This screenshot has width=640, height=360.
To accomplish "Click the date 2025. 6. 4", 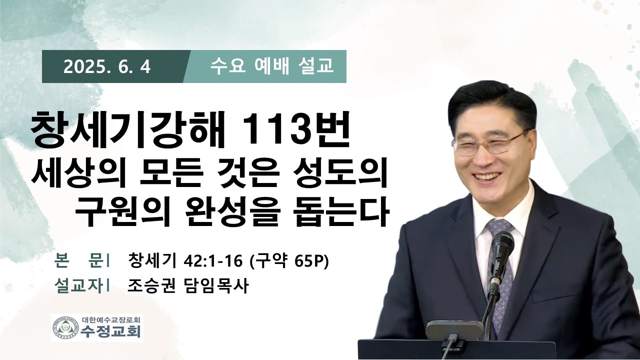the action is click(x=107, y=67).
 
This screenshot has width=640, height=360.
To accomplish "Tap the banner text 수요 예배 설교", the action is click(x=271, y=66).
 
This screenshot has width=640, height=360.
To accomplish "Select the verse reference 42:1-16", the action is click(x=213, y=261).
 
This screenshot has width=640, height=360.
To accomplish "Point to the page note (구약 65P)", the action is click(x=289, y=261).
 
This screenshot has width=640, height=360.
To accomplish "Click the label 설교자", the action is click(x=78, y=286).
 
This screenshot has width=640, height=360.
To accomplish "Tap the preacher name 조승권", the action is click(x=151, y=286).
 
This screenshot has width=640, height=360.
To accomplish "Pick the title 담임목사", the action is click(x=215, y=286).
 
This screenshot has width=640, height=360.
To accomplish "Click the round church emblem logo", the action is click(x=66, y=327).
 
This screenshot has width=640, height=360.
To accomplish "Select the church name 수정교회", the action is click(x=110, y=331).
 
